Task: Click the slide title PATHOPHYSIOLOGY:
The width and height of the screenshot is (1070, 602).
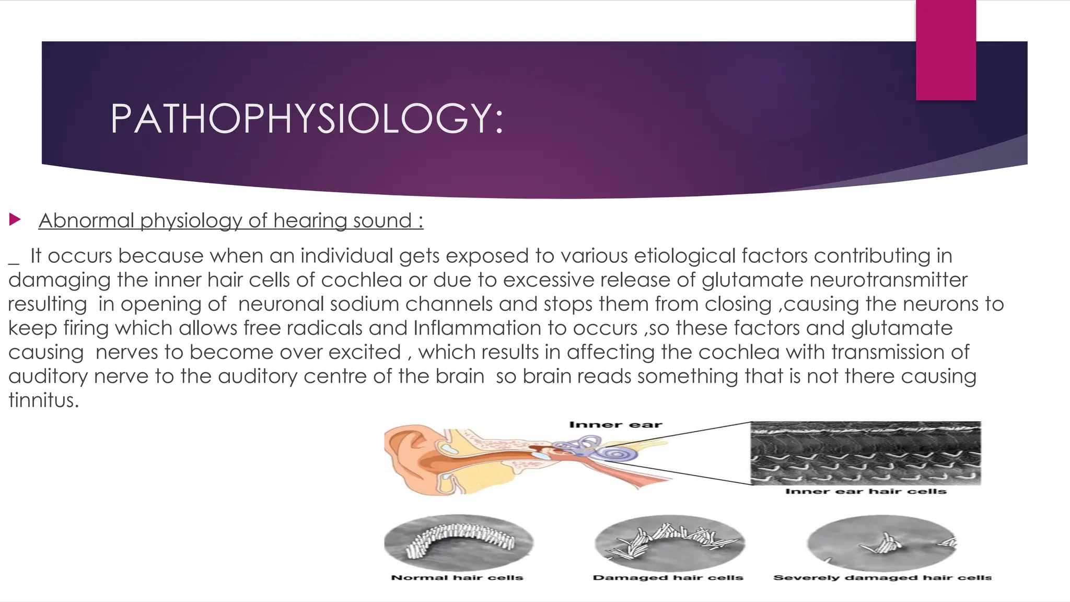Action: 307,119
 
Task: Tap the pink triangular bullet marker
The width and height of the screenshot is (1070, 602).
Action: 15,219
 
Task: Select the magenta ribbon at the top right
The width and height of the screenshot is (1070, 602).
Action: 946,50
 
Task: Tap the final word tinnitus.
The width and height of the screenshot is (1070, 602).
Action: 43,400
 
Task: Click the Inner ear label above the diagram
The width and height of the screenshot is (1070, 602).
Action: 615,425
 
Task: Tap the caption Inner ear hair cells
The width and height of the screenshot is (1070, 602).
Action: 866,491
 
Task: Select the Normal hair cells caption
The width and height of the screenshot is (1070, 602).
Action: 457,577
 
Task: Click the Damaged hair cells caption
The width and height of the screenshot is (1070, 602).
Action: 668,577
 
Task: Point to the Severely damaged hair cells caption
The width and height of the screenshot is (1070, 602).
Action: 882,577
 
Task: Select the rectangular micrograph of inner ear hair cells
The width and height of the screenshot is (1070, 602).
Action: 866,453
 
